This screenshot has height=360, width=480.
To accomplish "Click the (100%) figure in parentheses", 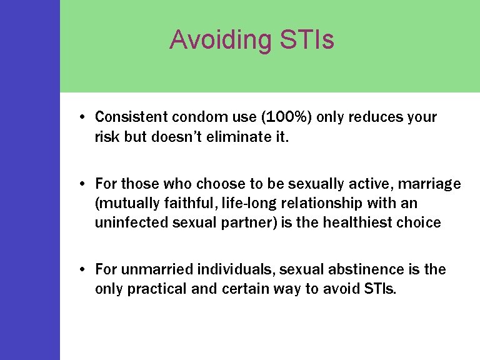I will point(284,117).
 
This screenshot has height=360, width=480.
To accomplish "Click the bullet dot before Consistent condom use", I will point(82,117).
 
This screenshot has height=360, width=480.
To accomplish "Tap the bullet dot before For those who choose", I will point(82,184).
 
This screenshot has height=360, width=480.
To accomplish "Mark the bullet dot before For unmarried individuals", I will point(82,270).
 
